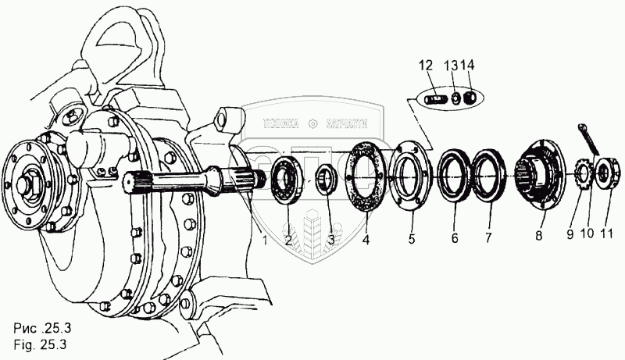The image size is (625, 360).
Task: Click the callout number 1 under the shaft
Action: (264, 241)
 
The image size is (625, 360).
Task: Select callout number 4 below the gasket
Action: (366, 241)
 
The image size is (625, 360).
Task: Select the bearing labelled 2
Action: (288, 181)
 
